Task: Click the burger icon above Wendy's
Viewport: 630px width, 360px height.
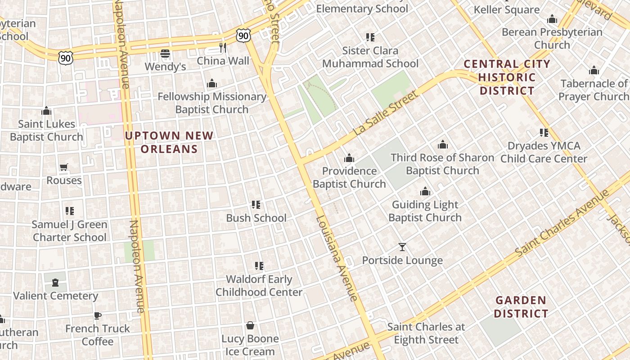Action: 165,54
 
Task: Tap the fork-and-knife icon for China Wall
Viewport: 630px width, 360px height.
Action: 223,48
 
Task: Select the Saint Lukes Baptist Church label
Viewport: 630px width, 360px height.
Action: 46,130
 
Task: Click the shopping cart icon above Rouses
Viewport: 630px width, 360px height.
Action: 64,167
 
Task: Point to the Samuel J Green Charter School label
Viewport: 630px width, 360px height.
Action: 70,231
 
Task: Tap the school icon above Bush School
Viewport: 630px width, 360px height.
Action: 256,205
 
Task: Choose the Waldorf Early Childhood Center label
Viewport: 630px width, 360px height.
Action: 259,286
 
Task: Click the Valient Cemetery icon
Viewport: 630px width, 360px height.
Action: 55,283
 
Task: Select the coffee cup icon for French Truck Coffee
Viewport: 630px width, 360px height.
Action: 97,315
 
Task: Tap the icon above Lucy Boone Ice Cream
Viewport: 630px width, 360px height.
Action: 250,325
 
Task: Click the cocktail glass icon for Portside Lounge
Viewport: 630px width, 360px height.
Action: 402,247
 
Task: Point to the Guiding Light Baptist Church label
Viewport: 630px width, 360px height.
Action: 425,211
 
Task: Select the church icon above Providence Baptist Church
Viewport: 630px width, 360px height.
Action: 349,158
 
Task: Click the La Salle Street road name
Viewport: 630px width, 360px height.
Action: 386,113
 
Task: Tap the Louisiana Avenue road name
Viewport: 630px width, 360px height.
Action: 337,258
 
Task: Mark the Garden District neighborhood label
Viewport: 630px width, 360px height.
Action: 521,306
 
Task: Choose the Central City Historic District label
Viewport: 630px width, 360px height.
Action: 507,77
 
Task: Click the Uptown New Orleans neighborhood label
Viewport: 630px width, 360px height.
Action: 169,142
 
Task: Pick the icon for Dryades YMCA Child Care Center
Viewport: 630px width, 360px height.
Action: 544,133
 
